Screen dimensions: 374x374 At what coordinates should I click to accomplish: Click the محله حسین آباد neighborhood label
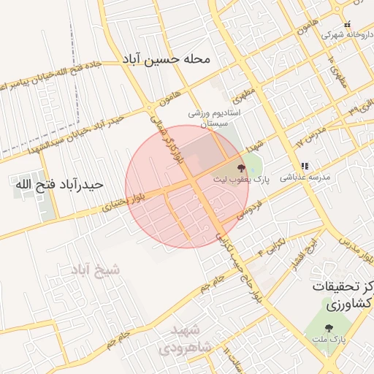pyautogui.click(x=178, y=58)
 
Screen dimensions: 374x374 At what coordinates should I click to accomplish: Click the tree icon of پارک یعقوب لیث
pyautogui.click(x=241, y=169)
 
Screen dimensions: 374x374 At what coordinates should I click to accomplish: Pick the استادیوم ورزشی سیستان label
pyautogui.click(x=213, y=120)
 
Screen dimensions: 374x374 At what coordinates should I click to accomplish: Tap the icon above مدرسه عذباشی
pyautogui.click(x=305, y=167)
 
